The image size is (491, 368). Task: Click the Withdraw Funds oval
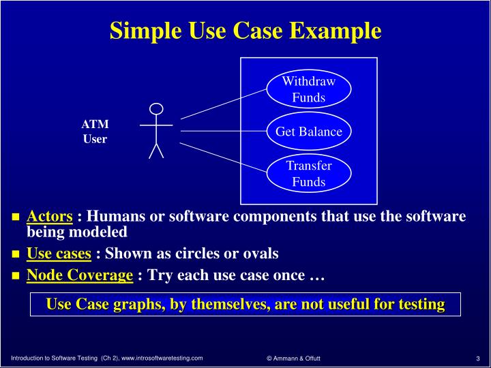[x=309, y=89]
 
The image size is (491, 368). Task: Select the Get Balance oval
[x=309, y=132]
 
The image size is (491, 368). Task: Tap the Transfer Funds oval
[x=309, y=174]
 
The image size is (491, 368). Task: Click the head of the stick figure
[x=156, y=109]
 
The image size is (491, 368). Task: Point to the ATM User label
[x=95, y=132]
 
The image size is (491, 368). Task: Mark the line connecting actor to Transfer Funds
[x=222, y=157]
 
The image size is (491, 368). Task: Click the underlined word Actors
[x=49, y=217]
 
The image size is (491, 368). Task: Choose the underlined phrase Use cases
[x=59, y=254]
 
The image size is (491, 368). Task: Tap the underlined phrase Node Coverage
[x=79, y=275]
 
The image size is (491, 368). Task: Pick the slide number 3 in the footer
[x=478, y=358]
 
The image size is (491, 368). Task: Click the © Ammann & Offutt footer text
[x=293, y=358]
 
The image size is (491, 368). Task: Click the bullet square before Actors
[x=16, y=218]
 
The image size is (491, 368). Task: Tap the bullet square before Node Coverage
[x=16, y=277]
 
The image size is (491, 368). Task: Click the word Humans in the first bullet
[x=113, y=217]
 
